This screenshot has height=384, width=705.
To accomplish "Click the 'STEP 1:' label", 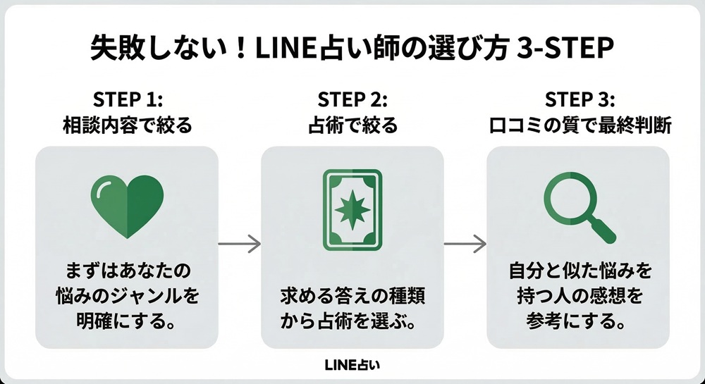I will [127, 98].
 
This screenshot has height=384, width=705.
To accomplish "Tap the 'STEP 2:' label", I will [352, 98].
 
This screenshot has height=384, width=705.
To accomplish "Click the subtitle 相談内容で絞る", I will [127, 126].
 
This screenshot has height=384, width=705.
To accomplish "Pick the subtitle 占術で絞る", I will [352, 126].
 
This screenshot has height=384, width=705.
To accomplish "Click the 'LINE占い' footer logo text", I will [352, 366].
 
